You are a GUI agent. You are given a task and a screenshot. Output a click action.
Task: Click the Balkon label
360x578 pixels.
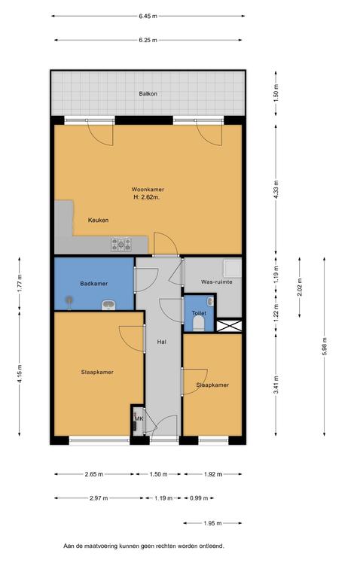pyautogui.click(x=148, y=93)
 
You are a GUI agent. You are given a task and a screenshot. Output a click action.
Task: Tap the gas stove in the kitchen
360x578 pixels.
pyautogui.click(x=121, y=245)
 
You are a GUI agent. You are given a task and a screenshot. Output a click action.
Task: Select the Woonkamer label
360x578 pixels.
pyautogui.click(x=148, y=190)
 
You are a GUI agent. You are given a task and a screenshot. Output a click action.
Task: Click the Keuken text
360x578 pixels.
pyautogui.click(x=98, y=220)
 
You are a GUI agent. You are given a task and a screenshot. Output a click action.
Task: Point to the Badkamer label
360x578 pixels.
pyautogui.click(x=93, y=284)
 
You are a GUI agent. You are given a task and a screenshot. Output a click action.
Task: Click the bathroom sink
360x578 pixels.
pyautogui.click(x=108, y=305)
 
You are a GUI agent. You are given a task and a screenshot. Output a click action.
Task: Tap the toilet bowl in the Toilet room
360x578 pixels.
pyautogui.click(x=199, y=324)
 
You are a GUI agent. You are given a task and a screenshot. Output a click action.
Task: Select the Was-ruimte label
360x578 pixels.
pyautogui.click(x=216, y=281)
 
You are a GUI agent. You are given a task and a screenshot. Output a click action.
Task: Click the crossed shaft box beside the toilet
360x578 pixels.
pyautogui.click(x=229, y=325)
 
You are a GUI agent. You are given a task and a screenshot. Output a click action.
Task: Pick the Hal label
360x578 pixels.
pyautogui.click(x=162, y=342)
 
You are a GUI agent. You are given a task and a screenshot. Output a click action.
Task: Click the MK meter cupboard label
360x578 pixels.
pyautogui.click(x=139, y=418)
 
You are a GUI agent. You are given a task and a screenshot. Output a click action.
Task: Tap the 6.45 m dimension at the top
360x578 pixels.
pyautogui.click(x=148, y=16)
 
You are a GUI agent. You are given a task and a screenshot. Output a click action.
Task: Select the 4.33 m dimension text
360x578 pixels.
pyautogui.click(x=276, y=189)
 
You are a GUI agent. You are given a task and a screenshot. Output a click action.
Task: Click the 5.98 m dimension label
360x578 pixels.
pyautogui.click(x=324, y=346)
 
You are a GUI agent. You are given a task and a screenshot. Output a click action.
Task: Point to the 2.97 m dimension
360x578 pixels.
pyautogui.click(x=99, y=498)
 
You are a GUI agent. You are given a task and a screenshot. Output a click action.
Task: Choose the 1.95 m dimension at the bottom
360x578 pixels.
pyautogui.click(x=213, y=523)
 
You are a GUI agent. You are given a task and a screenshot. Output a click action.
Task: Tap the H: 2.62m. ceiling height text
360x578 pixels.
pyautogui.click(x=146, y=197)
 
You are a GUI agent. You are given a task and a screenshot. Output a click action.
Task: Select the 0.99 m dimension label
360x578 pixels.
pyautogui.click(x=199, y=498)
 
